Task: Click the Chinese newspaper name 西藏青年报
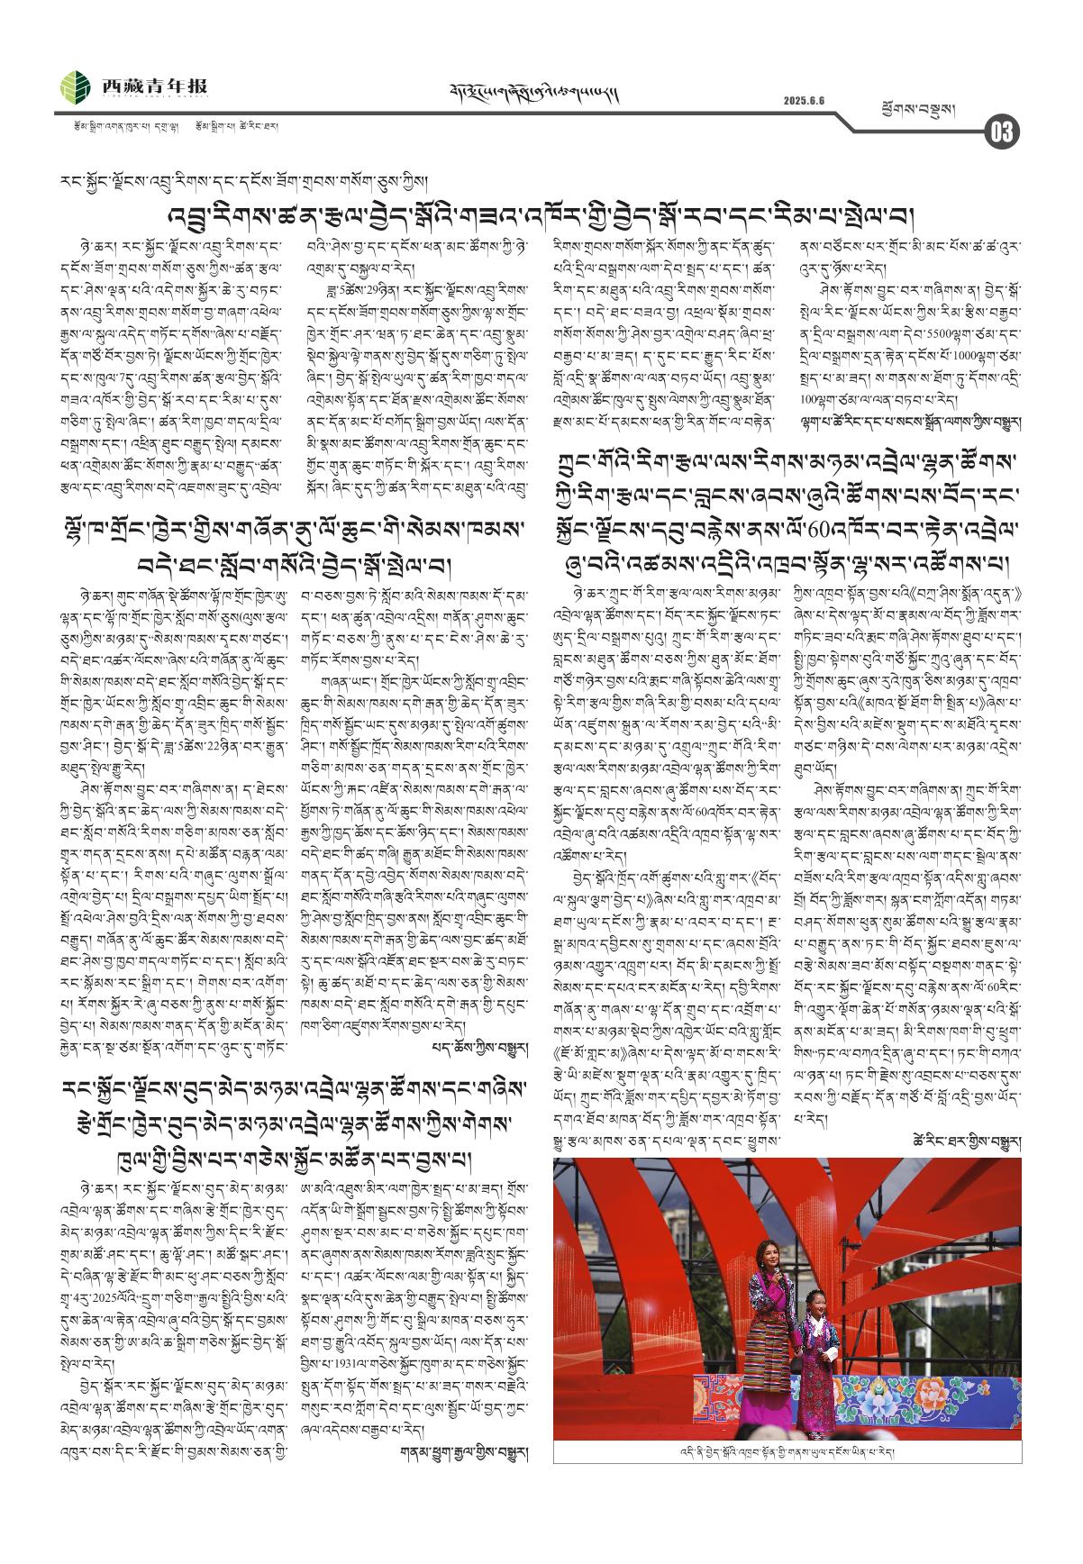(154, 86)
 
